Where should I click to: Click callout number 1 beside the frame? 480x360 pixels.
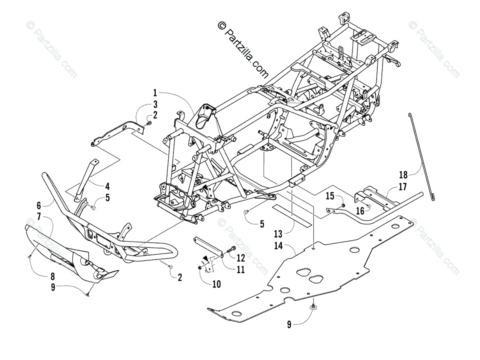click(155, 93)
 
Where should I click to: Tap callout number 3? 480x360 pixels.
click(155, 105)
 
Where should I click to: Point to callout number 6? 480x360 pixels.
click(38, 206)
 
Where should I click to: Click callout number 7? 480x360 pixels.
click(38, 216)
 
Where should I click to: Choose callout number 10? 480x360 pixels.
click(216, 284)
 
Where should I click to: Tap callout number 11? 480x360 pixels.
click(240, 270)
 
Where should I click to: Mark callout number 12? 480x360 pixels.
click(240, 258)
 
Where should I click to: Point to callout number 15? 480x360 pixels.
click(329, 196)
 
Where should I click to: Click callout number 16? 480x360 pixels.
click(360, 211)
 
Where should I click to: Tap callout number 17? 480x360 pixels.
click(402, 186)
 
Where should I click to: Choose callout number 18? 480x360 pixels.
click(402, 175)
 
